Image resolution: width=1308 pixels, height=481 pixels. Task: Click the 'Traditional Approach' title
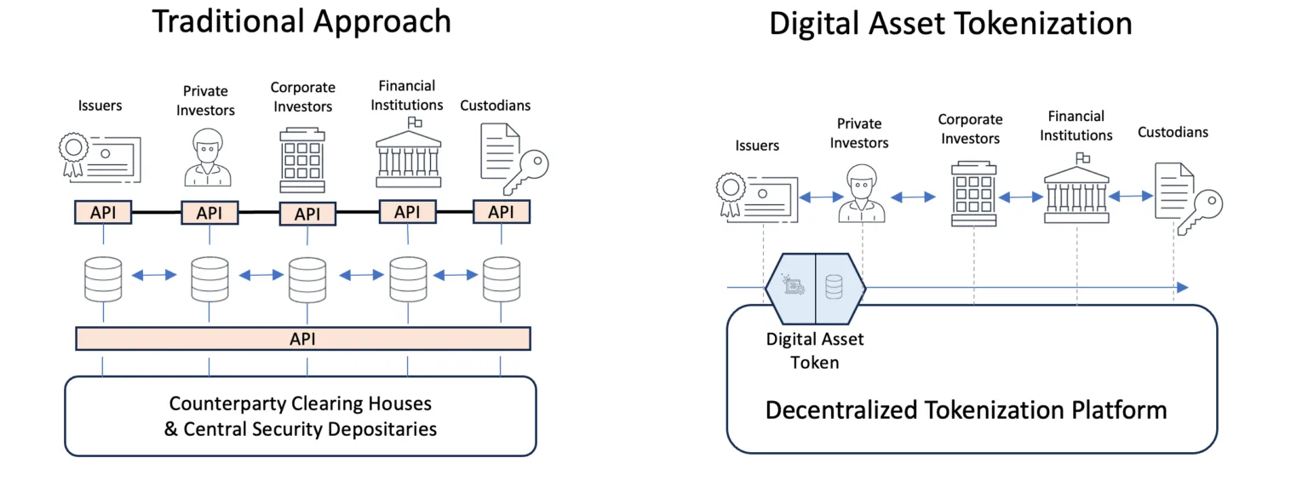(x=301, y=22)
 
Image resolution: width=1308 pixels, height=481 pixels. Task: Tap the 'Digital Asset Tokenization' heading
(x=950, y=24)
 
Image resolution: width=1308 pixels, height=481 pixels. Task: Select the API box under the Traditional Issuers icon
(x=103, y=212)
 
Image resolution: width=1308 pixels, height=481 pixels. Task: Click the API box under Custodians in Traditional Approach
(x=502, y=211)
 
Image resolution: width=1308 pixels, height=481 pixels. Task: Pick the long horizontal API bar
(x=303, y=339)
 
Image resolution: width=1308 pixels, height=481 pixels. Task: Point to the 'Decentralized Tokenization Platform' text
(x=966, y=410)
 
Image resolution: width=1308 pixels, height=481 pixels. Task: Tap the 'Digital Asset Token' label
(x=815, y=351)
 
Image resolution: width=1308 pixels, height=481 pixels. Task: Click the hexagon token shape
(x=815, y=288)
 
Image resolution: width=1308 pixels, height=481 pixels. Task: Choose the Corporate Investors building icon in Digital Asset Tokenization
(x=973, y=195)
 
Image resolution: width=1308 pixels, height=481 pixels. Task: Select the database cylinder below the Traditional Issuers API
(x=103, y=278)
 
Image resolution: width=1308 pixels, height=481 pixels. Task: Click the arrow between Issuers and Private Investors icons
(x=815, y=197)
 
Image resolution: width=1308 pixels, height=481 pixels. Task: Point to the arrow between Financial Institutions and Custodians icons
(x=1130, y=197)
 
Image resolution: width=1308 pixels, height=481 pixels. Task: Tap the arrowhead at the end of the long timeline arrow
(x=1181, y=288)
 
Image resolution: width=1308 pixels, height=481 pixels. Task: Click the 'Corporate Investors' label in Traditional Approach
(x=303, y=97)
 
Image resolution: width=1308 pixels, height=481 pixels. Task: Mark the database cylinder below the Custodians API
(x=502, y=278)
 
